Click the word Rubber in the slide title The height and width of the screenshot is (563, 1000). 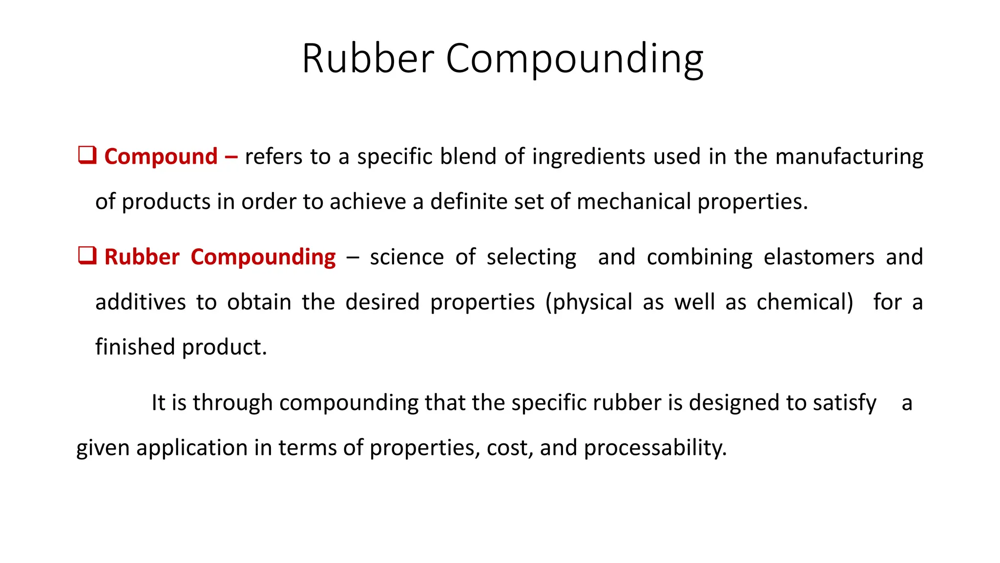368,59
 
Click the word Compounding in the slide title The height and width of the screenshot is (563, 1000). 574,60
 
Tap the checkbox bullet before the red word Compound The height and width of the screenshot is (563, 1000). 87,155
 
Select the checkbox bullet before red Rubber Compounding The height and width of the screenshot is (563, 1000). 87,256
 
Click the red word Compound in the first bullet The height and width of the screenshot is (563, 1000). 161,157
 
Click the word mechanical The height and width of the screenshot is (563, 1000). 633,202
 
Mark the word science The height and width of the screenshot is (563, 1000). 407,257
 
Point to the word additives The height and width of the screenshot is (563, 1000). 140,302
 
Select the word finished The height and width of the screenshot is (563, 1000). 135,347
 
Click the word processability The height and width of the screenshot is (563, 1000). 655,448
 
